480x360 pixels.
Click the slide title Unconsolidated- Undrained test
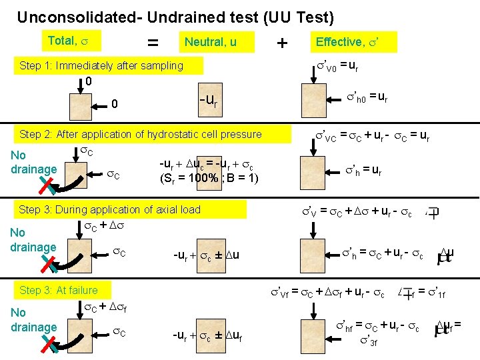pyautogui.click(x=175, y=17)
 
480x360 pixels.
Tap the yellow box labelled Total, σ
pyautogui.click(x=72, y=41)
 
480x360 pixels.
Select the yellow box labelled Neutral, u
pyautogui.click(x=210, y=43)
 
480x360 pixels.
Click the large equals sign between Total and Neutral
pyautogui.click(x=153, y=43)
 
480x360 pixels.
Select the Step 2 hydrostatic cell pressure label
pyautogui.click(x=140, y=134)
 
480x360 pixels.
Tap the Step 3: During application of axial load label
pyautogui.click(x=110, y=209)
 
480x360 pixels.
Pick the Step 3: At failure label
pyautogui.click(x=59, y=290)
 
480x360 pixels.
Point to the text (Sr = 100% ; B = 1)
pyautogui.click(x=209, y=178)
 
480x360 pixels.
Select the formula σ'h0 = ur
pyautogui.click(x=366, y=98)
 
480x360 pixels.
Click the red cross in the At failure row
pyautogui.click(x=49, y=343)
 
